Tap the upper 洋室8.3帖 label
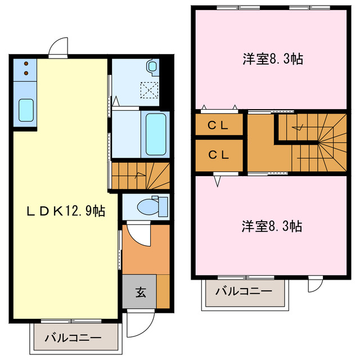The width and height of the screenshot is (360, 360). tap(272, 59)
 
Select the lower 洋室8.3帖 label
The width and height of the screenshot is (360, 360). tap(272, 227)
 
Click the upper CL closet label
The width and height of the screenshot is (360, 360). tap(218, 126)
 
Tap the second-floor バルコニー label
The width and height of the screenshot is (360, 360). tap(244, 291)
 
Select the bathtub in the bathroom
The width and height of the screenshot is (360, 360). tap(156, 134)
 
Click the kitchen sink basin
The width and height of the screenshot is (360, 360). tap(26, 110)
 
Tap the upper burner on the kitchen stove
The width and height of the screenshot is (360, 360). tap(26, 64)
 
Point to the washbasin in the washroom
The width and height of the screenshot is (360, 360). tap(152, 67)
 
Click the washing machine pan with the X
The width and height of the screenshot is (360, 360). tap(149, 89)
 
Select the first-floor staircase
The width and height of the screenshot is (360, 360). tap(140, 175)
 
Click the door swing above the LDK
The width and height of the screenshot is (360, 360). tap(57, 48)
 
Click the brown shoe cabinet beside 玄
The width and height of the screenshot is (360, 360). tap(163, 291)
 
